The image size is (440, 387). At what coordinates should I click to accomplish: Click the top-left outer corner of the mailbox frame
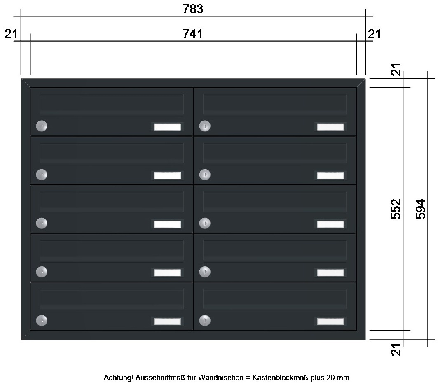click(21, 79)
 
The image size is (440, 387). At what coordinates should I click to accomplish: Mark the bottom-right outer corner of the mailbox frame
click(365, 339)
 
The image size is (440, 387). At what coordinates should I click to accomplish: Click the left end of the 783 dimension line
click(21, 16)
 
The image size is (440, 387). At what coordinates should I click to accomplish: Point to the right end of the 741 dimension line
click(356, 41)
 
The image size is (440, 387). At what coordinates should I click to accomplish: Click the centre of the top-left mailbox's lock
click(42, 126)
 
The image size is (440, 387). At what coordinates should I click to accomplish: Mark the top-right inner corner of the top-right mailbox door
click(356, 88)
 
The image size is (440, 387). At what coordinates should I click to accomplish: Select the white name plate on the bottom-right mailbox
click(330, 322)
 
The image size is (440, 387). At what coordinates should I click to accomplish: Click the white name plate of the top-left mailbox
click(168, 127)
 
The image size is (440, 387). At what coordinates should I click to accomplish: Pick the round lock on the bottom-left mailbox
click(42, 321)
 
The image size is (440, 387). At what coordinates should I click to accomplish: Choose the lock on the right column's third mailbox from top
click(205, 223)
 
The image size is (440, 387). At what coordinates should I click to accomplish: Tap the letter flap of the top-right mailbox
click(275, 105)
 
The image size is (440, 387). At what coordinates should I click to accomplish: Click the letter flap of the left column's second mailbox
click(112, 153)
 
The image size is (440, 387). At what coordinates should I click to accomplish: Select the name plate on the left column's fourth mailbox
click(168, 273)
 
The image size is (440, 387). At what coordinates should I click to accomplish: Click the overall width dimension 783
click(193, 9)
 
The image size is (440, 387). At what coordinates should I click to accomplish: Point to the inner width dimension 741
click(192, 34)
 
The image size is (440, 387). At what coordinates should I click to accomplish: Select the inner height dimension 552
click(396, 209)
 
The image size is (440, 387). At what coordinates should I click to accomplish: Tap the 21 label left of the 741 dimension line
click(11, 34)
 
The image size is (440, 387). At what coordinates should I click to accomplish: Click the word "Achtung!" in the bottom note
click(119, 378)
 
